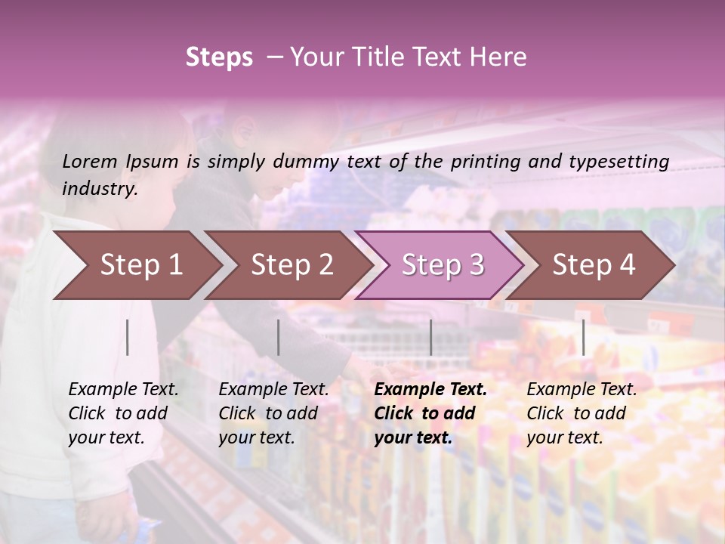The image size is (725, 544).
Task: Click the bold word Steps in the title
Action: click(x=219, y=57)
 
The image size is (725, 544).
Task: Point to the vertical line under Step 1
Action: click(x=128, y=337)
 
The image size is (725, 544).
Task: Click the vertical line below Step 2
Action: click(x=279, y=337)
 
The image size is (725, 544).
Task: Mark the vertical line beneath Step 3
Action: click(x=430, y=337)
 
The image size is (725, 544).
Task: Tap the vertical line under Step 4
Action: click(x=583, y=337)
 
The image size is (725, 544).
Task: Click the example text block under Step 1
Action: click(x=123, y=413)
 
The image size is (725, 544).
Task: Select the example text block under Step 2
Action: click(x=273, y=413)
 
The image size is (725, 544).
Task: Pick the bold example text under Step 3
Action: click(x=430, y=413)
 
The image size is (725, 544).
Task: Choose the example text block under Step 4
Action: click(x=582, y=413)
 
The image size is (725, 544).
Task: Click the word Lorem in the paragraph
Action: click(x=89, y=161)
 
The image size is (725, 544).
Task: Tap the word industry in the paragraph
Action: click(x=98, y=188)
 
